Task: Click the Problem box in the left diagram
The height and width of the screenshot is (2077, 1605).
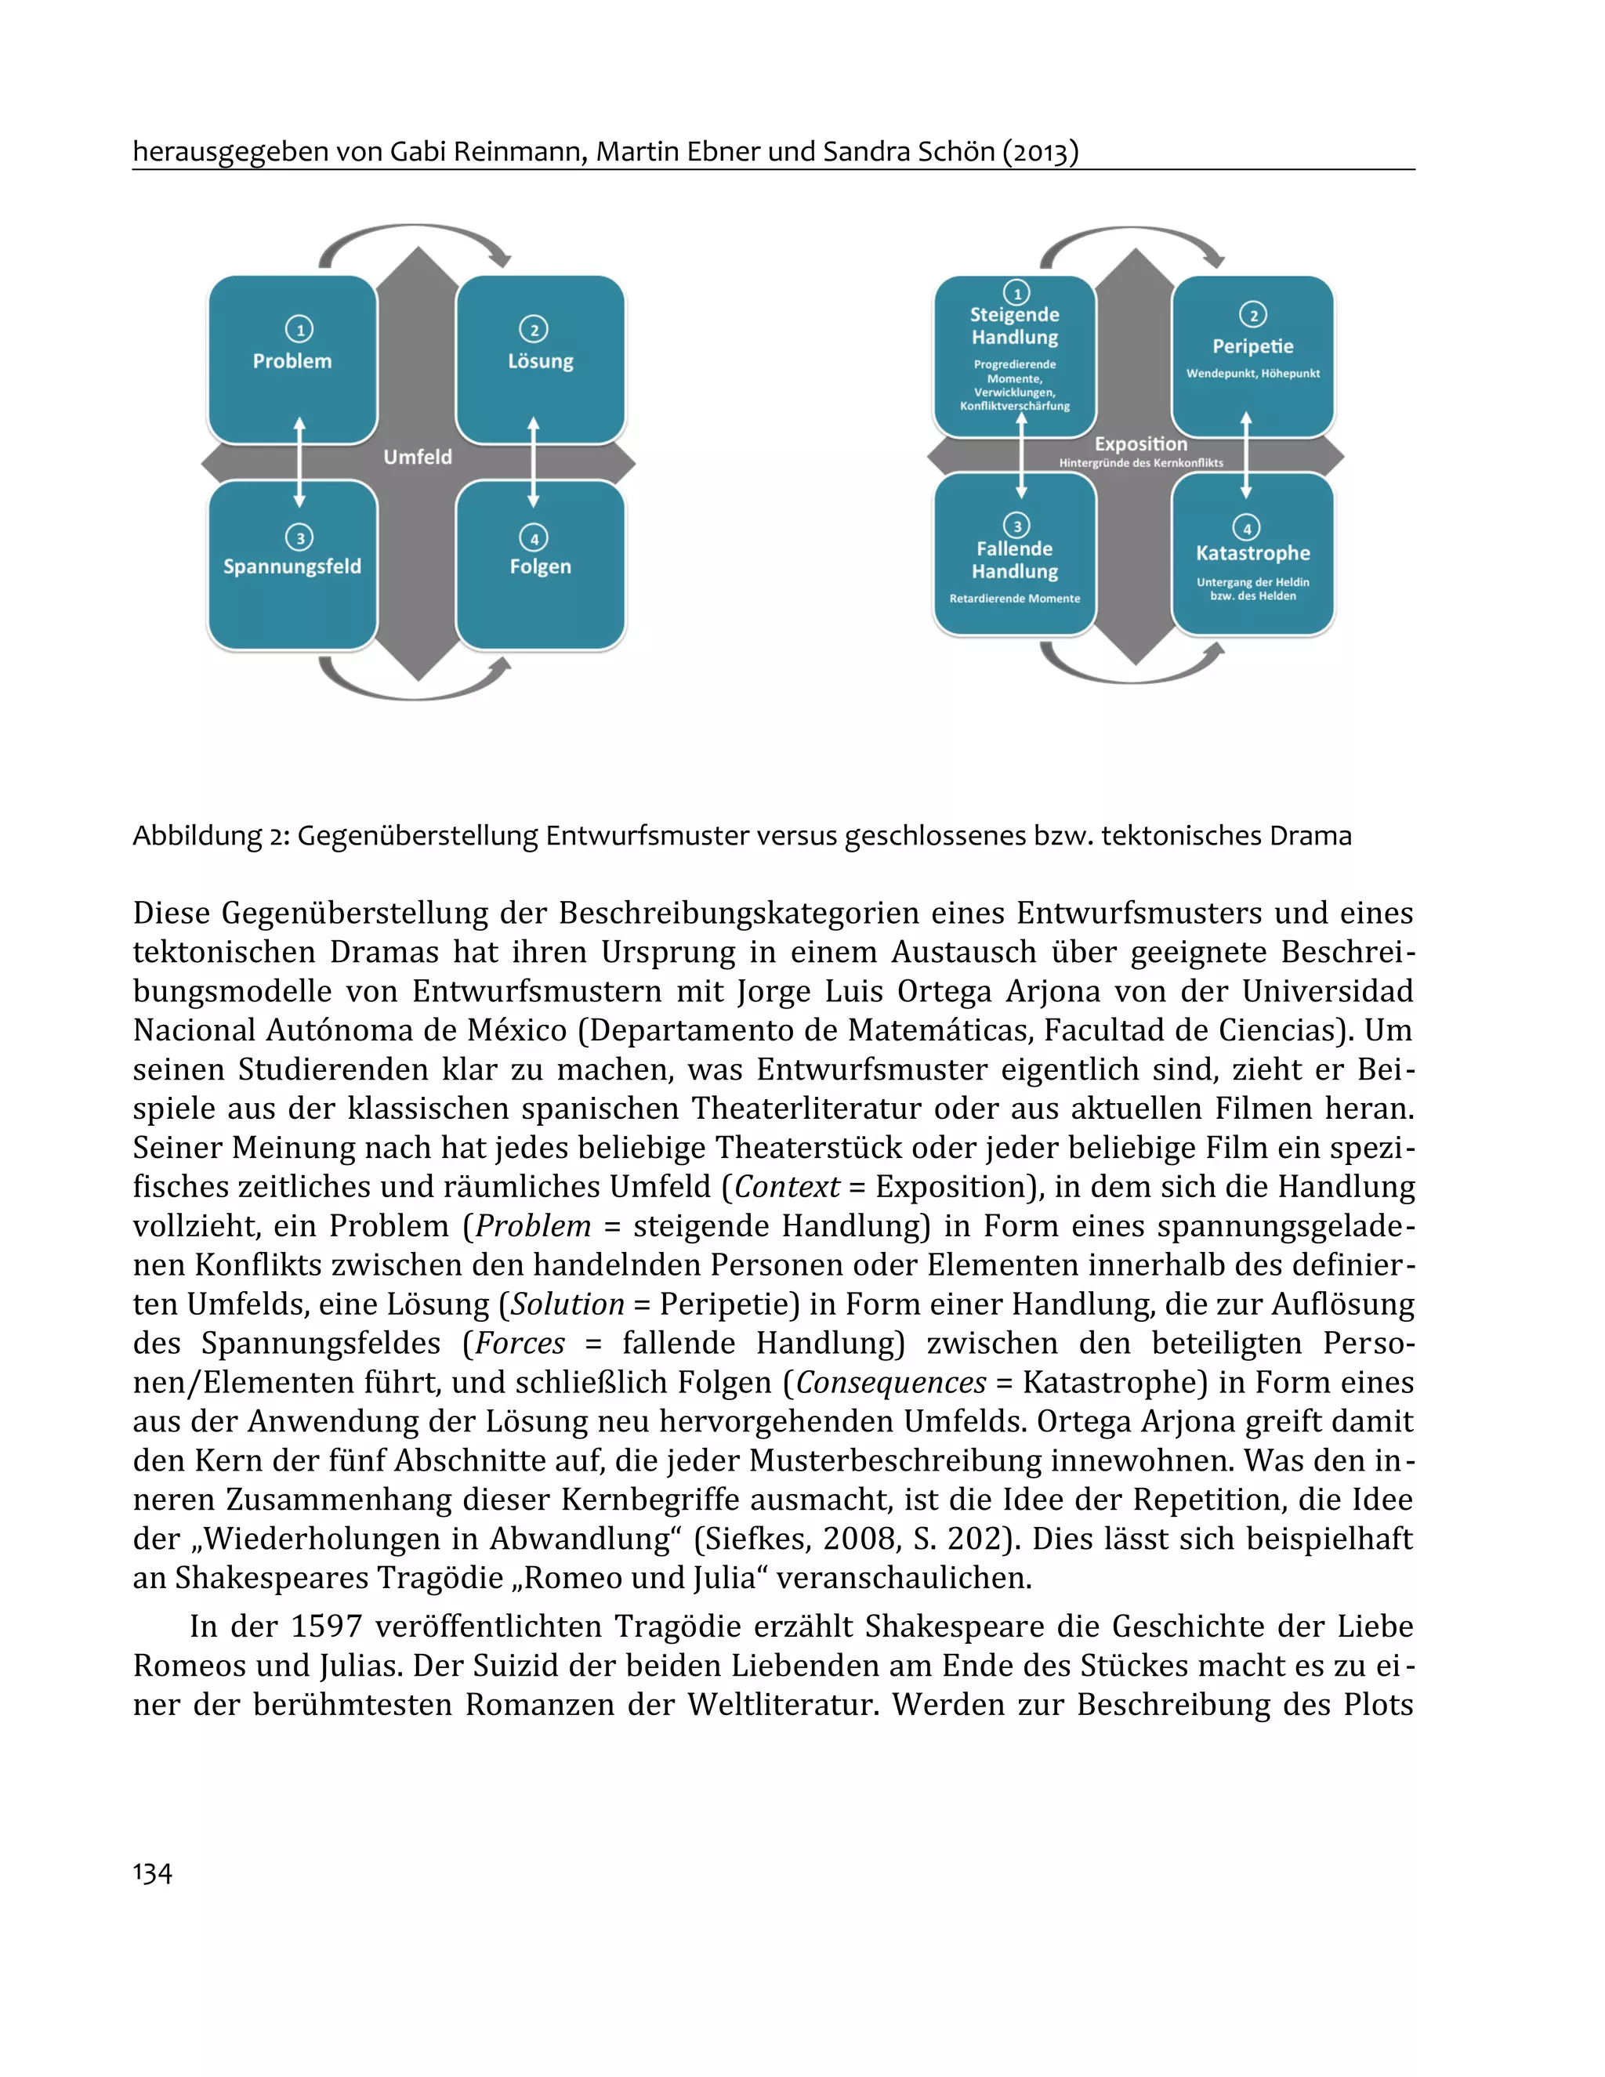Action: pyautogui.click(x=292, y=360)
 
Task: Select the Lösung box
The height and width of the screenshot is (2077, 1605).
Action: pyautogui.click(x=541, y=360)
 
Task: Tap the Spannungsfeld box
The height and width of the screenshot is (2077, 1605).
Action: pyautogui.click(x=292, y=566)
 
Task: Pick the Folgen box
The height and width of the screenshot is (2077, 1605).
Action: pyautogui.click(x=541, y=566)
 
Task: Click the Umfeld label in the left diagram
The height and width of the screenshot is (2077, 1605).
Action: pyautogui.click(x=418, y=457)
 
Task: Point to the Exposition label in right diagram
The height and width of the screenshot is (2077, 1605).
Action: pyautogui.click(x=1141, y=444)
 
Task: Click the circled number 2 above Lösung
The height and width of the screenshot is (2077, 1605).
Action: pyautogui.click(x=534, y=329)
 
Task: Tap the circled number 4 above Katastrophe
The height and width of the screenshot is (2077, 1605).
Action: pyautogui.click(x=1246, y=528)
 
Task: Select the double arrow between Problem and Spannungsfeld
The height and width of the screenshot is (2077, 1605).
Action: pyautogui.click(x=299, y=462)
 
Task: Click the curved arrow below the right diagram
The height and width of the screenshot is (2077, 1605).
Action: pyautogui.click(x=1132, y=671)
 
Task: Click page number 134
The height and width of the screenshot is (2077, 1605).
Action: pyautogui.click(x=152, y=1873)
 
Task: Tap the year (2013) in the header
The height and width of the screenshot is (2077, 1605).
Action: pyautogui.click(x=1041, y=152)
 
